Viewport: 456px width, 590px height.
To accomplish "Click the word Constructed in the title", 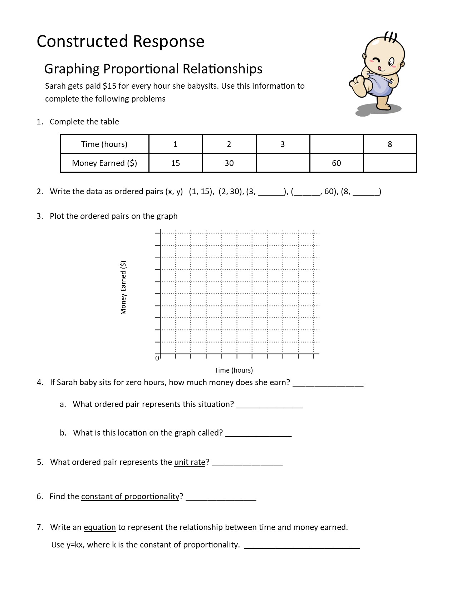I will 82,41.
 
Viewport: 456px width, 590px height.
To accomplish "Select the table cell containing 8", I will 389,144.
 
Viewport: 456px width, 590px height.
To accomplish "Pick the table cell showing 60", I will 336,163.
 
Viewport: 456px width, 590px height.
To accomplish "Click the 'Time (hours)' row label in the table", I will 104,144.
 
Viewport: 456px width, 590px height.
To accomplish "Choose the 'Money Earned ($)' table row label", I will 104,163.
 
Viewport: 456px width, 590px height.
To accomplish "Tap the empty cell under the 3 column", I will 283,163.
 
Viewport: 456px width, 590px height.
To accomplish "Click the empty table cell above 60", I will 336,144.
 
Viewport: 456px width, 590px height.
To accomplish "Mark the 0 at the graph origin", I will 157,358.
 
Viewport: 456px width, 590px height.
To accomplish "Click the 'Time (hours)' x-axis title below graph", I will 234,370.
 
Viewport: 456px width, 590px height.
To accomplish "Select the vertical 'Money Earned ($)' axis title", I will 124,287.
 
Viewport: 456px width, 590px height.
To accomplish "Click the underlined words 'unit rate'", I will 190,462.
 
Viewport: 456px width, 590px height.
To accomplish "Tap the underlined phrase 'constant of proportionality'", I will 130,496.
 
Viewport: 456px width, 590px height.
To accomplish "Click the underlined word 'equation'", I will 100,527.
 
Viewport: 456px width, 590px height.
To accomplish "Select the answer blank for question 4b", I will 259,433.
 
